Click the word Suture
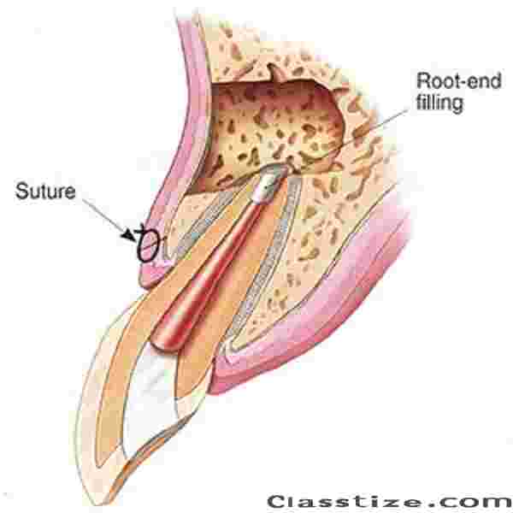[x=45, y=192]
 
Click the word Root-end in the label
[x=458, y=80]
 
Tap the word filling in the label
[x=439, y=103]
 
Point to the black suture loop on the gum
[x=148, y=245]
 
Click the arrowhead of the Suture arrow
[x=129, y=235]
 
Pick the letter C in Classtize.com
[x=278, y=502]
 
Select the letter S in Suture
[x=22, y=192]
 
